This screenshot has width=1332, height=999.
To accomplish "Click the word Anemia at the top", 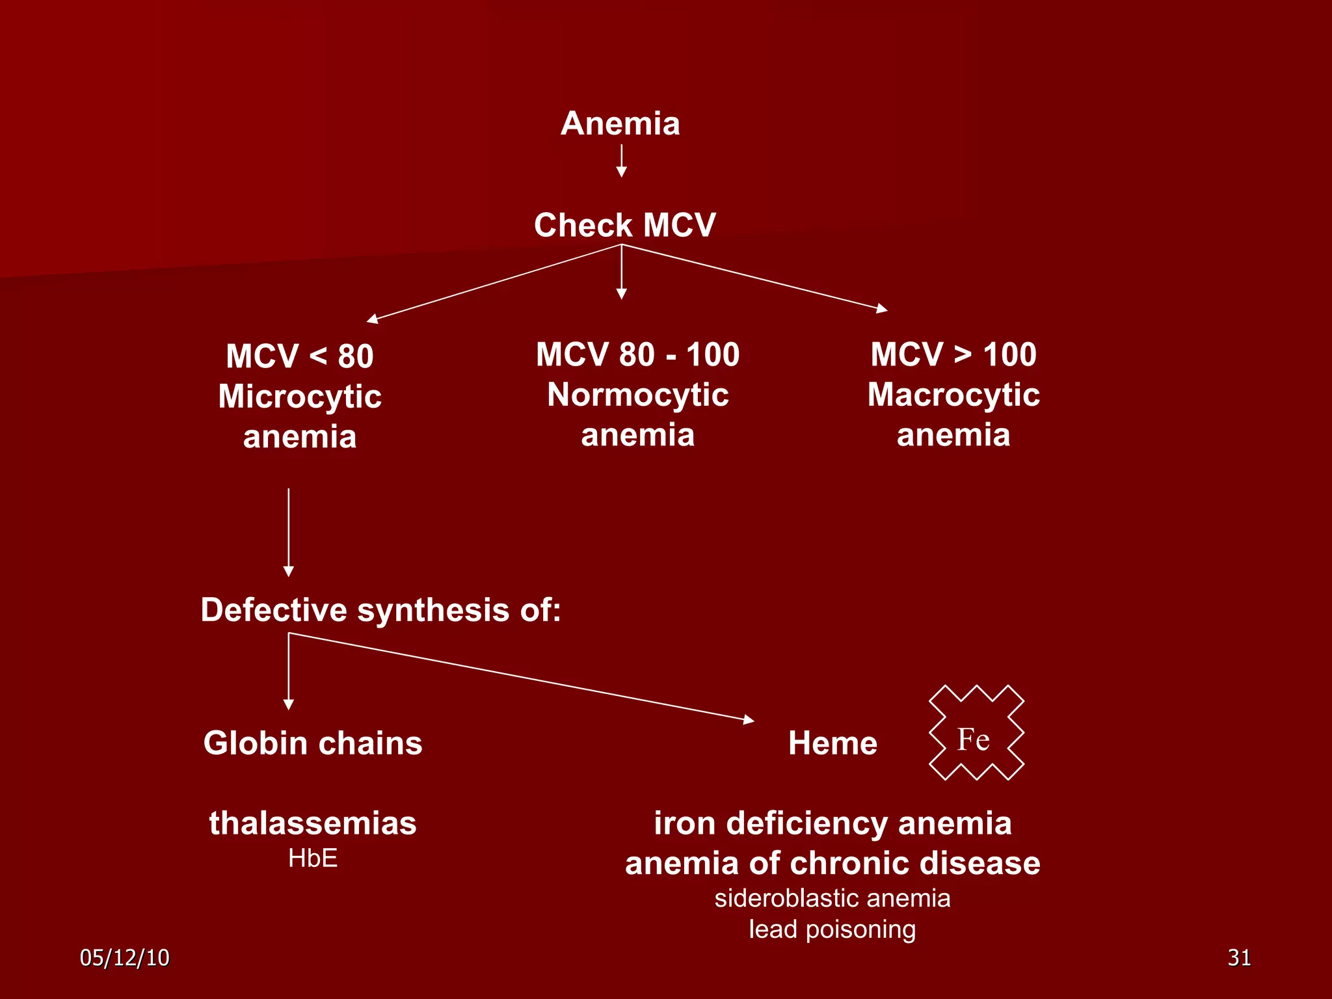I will pyautogui.click(x=620, y=124).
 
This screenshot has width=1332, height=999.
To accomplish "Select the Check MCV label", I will pyautogui.click(x=624, y=225).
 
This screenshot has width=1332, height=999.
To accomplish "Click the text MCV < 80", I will pyautogui.click(x=299, y=356).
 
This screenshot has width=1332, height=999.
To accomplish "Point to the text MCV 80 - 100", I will pyautogui.click(x=637, y=354).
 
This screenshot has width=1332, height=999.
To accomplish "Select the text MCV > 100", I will pyautogui.click(x=953, y=354).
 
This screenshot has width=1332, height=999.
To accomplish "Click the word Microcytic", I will pyautogui.click(x=299, y=396).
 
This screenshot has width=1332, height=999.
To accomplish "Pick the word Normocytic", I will pyautogui.click(x=637, y=395).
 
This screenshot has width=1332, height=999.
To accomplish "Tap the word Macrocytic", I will pyautogui.click(x=953, y=395).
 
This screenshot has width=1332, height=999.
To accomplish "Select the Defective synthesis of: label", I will pyautogui.click(x=380, y=610).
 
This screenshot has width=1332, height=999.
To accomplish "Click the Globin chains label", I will pyautogui.click(x=313, y=743).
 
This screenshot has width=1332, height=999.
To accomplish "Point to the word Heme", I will pyautogui.click(x=832, y=743).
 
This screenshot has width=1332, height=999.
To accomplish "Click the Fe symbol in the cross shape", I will pyautogui.click(x=973, y=739).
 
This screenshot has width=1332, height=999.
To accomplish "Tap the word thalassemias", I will pyautogui.click(x=313, y=823).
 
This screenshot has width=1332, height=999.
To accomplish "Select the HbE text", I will pyautogui.click(x=313, y=859).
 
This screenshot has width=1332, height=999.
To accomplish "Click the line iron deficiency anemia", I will pyautogui.click(x=832, y=823).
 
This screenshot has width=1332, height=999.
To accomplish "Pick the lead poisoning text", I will pyautogui.click(x=832, y=929).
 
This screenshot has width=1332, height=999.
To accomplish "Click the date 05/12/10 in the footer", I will pyautogui.click(x=124, y=957).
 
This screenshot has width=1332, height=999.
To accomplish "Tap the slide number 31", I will pyautogui.click(x=1239, y=957).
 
